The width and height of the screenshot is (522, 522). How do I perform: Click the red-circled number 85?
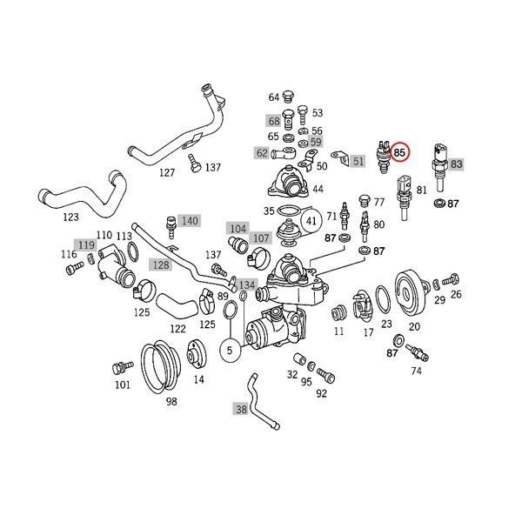coord(400,153)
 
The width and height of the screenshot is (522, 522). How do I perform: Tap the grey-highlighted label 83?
coord(457,164)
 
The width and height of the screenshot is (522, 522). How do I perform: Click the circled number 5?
coord(231,351)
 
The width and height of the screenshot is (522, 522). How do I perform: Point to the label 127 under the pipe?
coord(167,172)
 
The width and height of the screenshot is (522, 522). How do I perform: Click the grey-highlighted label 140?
coord(190,220)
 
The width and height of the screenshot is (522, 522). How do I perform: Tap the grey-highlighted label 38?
coord(241,406)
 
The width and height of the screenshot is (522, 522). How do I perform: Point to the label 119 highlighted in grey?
coord(86,245)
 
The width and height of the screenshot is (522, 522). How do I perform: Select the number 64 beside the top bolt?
coord(273,97)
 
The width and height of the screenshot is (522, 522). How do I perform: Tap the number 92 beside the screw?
coord(321,393)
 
